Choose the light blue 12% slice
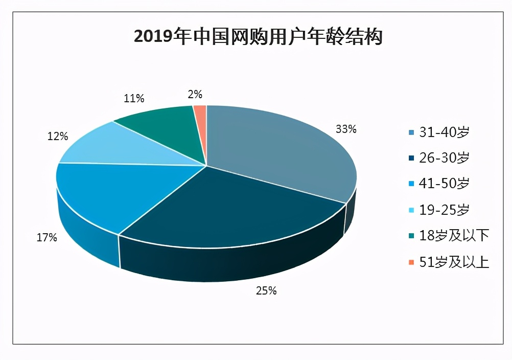128,146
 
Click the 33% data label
346,129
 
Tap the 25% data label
266,291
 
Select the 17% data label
46,238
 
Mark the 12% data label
58,137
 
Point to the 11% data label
133,98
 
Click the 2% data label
195,94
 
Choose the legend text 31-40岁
444,132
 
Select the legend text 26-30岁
444,158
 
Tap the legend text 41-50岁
444,184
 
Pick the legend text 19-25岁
444,210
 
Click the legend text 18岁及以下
454,236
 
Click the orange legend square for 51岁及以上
411,262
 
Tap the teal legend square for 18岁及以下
411,236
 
